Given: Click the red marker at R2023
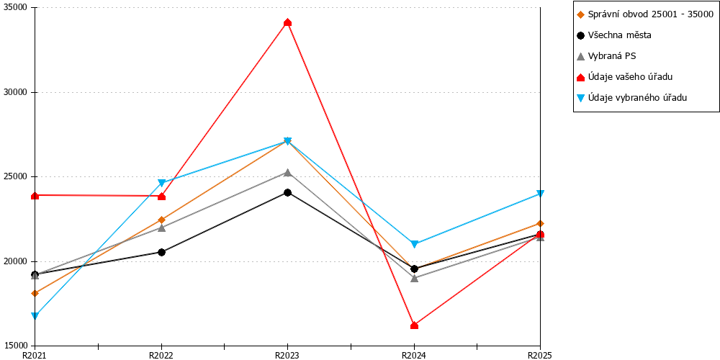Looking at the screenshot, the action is pos(287,22).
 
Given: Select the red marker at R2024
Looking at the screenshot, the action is pos(414,325).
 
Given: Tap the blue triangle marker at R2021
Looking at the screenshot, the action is pos(35,316).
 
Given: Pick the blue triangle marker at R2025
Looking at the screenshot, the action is pos(541,194).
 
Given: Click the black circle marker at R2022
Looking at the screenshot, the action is pos(161,252).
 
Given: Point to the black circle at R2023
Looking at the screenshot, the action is pos(287,192).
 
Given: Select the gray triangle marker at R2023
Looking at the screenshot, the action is pos(287,173).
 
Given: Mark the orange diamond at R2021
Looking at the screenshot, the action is pos(35,293).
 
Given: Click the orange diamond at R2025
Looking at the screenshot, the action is pos(541,224).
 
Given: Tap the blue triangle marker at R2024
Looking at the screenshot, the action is pos(414,244).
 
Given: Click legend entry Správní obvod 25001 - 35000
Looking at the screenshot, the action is pos(644,14).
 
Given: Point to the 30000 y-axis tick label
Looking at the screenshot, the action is pos(17,92).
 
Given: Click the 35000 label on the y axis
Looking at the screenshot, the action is pos(17,8).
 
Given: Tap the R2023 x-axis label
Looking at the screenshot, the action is pos(287,355).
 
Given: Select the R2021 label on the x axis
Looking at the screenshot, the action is pos(35,355).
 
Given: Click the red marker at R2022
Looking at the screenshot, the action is pos(161,197).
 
